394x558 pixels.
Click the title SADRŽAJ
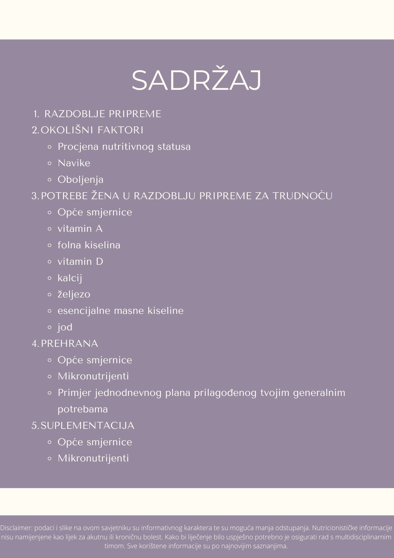196,81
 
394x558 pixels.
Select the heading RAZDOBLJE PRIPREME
102,114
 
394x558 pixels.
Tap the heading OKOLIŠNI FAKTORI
92,130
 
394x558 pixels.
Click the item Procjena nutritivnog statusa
124,147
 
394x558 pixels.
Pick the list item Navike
74,163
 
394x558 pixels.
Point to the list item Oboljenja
80,180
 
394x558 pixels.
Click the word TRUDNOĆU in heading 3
302,196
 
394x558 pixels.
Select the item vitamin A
80,229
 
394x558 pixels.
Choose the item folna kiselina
89,245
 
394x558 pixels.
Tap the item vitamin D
80,262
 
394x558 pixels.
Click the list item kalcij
70,278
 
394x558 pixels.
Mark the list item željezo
74,294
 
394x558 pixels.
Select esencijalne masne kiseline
120,311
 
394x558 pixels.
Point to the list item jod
65,327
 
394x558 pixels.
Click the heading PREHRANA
69,343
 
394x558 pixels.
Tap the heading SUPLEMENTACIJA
87,425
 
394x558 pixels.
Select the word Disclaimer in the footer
16,528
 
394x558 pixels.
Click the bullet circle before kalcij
50,278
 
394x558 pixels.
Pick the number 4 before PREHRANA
34,343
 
